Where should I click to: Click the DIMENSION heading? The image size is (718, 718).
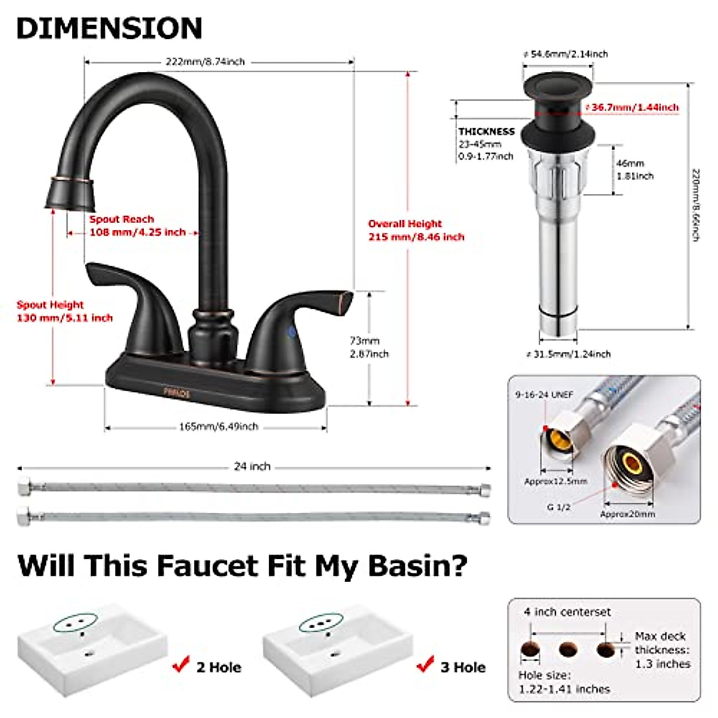[109, 28]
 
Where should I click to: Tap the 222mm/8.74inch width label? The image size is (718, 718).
[205, 61]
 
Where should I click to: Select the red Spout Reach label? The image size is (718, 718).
[137, 226]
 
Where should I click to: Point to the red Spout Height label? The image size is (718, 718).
[65, 311]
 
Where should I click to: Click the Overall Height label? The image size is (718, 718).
[416, 230]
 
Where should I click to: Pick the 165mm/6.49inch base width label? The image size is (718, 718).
[218, 427]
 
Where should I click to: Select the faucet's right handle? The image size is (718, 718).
[299, 323]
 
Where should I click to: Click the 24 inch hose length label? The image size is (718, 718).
[252, 466]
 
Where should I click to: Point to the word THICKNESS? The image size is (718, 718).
[486, 131]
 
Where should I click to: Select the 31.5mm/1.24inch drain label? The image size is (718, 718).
[568, 354]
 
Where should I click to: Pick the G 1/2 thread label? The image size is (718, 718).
[558, 507]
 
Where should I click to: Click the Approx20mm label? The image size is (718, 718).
[627, 514]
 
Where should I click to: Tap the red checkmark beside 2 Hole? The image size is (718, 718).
[180, 664]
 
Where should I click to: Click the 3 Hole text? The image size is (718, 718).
[463, 667]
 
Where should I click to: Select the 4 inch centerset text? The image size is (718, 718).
[567, 612]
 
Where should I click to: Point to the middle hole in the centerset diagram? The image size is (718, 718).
[568, 649]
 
